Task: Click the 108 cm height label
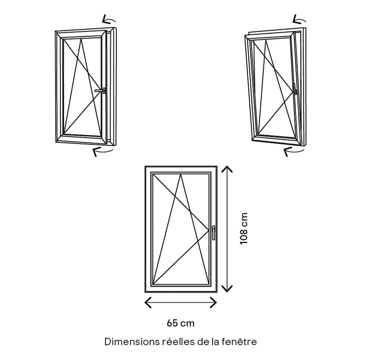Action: [x=244, y=228]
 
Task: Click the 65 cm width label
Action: [x=181, y=323]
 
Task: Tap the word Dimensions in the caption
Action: [x=132, y=342]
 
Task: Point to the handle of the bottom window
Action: [x=213, y=233]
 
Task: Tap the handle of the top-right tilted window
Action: [x=294, y=89]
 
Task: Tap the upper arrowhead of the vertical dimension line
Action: [x=227, y=168]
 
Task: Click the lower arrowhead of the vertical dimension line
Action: [x=227, y=289]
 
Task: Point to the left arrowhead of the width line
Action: [x=147, y=302]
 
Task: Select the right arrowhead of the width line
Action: [x=214, y=302]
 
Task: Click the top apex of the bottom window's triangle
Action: [x=181, y=174]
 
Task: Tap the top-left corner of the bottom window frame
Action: [x=146, y=167]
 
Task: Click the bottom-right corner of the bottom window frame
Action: [x=216, y=291]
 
